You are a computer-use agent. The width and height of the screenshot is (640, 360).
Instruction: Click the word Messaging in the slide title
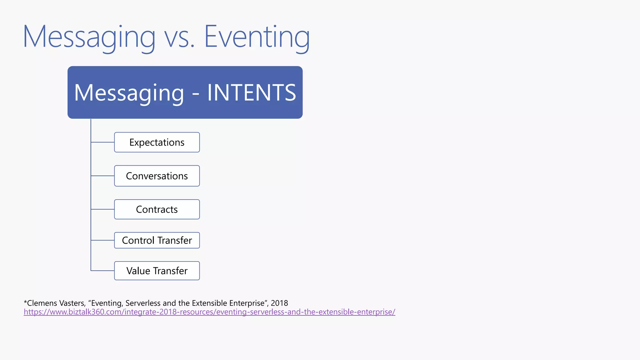click(89, 37)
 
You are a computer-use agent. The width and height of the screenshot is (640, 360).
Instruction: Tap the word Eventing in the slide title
click(257, 37)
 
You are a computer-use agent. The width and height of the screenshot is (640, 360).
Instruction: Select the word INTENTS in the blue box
click(252, 93)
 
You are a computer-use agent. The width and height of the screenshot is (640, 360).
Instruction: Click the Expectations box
click(157, 142)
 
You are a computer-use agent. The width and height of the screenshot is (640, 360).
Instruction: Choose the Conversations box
click(157, 176)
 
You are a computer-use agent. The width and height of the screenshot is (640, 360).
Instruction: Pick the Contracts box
click(157, 209)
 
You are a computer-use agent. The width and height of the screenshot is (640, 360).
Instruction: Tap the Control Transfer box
click(157, 240)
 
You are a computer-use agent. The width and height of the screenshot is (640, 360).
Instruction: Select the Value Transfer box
click(157, 271)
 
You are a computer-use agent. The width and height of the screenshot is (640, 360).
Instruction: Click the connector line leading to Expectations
click(102, 142)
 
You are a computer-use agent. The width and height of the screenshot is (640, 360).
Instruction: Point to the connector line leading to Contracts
click(102, 209)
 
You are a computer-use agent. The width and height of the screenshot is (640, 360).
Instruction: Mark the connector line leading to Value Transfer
click(102, 271)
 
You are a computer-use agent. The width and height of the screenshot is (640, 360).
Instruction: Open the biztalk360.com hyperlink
click(209, 312)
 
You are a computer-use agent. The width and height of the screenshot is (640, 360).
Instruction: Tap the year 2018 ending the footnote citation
click(279, 303)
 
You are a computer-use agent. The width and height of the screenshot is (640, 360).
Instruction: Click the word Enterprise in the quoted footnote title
click(247, 303)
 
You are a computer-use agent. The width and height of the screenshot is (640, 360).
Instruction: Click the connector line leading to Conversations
click(102, 176)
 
